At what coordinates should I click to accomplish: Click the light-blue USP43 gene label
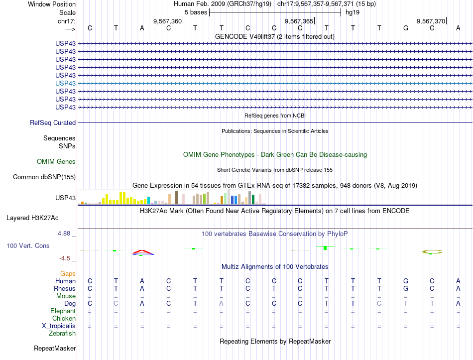point(66,83)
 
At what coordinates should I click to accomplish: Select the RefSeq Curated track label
point(53,122)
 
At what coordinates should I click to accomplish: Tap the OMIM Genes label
point(56,161)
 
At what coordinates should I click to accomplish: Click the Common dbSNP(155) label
point(44,177)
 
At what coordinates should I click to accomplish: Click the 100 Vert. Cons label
point(28,246)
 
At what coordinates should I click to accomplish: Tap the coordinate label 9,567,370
point(431,21)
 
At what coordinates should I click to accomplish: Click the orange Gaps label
point(68,273)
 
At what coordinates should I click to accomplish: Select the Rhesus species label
point(66,288)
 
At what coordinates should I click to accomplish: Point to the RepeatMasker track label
point(55,348)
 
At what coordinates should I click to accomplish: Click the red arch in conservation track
point(142,251)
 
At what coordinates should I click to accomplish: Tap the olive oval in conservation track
point(432,251)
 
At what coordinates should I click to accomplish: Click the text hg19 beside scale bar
point(353,12)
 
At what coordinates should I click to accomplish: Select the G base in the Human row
point(406,281)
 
